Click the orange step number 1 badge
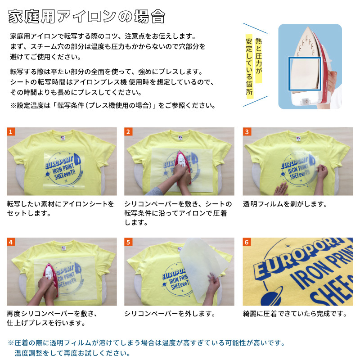[x=11, y=132]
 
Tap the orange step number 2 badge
[x=128, y=132]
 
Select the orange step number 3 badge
[x=247, y=132]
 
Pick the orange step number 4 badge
[x=11, y=242]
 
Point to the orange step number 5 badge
[x=128, y=242]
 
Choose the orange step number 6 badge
[x=247, y=242]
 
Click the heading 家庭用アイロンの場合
[x=86, y=17]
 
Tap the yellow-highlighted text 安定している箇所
[x=249, y=67]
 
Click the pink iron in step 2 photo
[x=183, y=166]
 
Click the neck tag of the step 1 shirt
[x=63, y=138]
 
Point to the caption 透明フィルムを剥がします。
[x=285, y=204]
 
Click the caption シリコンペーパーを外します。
[x=170, y=314]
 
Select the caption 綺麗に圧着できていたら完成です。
[x=295, y=314]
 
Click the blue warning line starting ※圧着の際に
[x=147, y=343]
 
